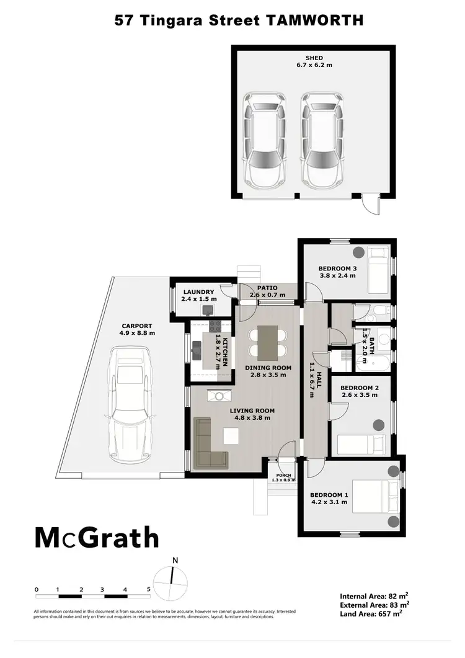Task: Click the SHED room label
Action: click(314, 58)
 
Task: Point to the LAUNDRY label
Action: click(198, 292)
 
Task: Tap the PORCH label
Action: click(284, 476)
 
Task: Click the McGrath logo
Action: click(96, 537)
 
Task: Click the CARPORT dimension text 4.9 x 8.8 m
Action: click(137, 333)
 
